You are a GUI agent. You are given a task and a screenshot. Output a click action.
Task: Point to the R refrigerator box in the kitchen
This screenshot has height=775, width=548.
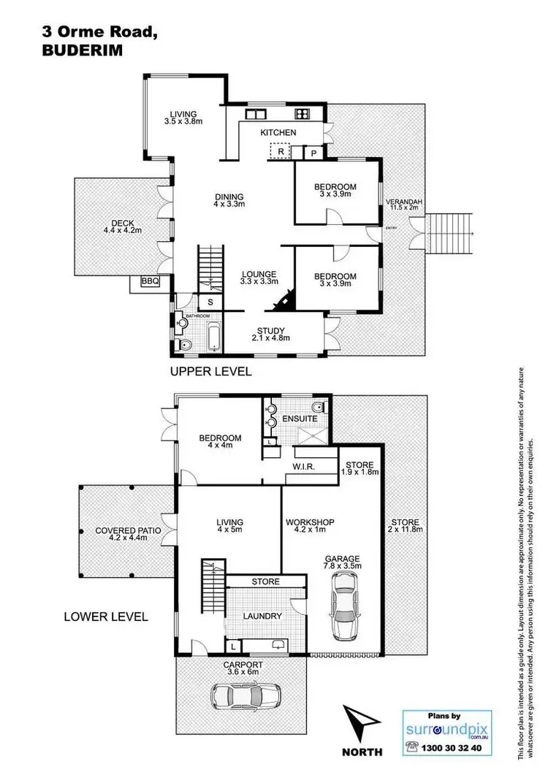(281, 152)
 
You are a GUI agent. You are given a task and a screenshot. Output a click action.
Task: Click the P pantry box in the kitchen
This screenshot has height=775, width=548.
(313, 153)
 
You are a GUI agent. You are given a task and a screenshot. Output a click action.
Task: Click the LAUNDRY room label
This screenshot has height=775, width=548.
(263, 616)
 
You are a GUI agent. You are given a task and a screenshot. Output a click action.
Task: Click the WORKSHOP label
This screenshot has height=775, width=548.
(310, 522)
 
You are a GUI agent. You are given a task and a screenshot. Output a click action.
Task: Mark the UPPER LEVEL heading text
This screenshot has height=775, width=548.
(210, 371)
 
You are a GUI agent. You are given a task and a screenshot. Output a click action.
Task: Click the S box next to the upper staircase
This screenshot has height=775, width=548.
(210, 302)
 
